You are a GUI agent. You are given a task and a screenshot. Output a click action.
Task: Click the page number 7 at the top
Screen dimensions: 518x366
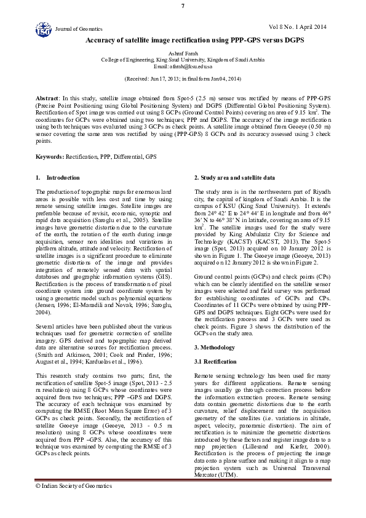pos(183,6)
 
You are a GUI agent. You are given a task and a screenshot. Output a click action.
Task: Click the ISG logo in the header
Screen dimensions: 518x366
pos(44,28)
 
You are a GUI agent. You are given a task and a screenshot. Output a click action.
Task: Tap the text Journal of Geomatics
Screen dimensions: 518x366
pos(79,29)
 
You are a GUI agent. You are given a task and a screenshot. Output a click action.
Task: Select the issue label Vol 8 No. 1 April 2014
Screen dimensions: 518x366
pos(298,26)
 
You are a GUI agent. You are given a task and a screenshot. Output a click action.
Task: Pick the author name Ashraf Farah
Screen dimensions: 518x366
pos(183,54)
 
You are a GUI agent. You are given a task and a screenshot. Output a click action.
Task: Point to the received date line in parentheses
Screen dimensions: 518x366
pos(183,79)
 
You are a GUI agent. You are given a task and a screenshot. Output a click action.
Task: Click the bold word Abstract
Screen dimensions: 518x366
pos(46,98)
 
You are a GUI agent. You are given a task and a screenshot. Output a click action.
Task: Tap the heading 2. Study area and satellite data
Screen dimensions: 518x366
pos(234,177)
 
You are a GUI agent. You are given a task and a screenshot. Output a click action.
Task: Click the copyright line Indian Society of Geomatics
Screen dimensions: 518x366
pos(74,485)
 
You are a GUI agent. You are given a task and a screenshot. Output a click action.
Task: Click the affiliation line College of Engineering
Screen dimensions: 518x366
pos(183,60)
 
